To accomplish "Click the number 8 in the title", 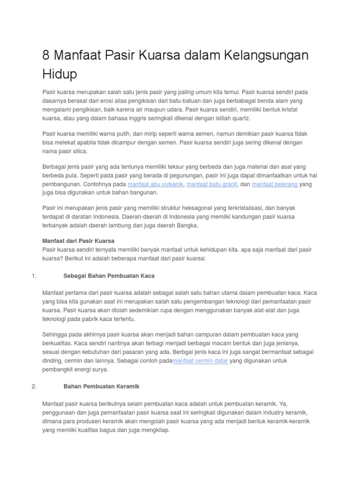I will (x=46, y=56).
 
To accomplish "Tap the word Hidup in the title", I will (x=60, y=74).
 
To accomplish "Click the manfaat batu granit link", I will (x=212, y=184).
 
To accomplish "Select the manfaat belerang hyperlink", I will (x=275, y=184).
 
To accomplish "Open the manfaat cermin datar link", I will (x=200, y=360).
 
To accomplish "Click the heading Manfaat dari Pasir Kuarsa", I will (x=78, y=241).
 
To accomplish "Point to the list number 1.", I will (x=34, y=276).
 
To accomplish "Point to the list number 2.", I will (x=34, y=386).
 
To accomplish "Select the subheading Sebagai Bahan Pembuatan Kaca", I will (x=109, y=276).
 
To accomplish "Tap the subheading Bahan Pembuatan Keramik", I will (x=101, y=386).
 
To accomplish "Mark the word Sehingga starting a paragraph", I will (x=56, y=335).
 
